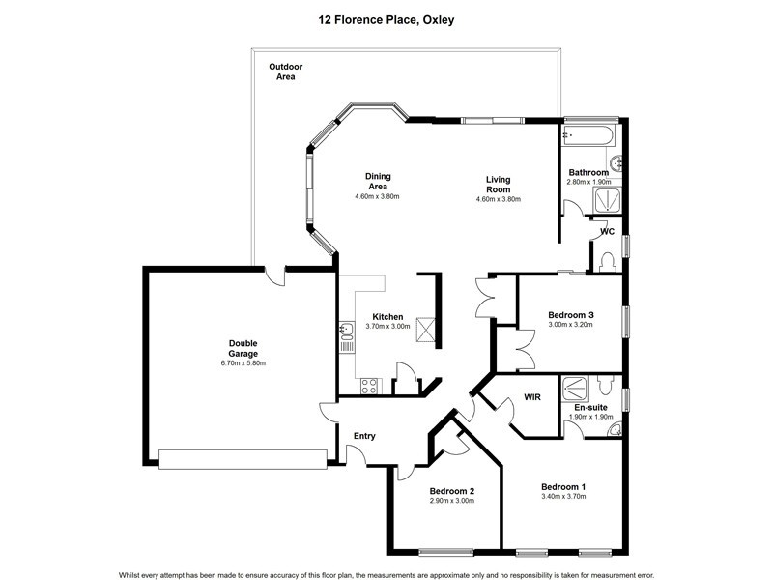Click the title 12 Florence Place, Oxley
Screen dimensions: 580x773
(x=386, y=17)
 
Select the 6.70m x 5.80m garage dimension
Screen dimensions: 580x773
(x=243, y=363)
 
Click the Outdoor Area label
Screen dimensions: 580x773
(x=285, y=71)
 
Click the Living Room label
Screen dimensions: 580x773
(x=498, y=185)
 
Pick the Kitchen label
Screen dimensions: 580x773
(x=387, y=316)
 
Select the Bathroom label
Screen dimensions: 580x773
(x=587, y=172)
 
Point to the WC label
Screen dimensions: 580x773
(x=607, y=232)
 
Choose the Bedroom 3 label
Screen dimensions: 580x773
(x=570, y=315)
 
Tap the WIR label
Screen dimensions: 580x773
(x=532, y=397)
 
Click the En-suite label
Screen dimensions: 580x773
(x=590, y=407)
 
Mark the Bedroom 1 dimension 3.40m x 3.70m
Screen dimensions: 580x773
(x=564, y=497)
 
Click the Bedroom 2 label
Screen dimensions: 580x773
(x=451, y=491)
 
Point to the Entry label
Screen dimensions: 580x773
(x=364, y=436)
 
